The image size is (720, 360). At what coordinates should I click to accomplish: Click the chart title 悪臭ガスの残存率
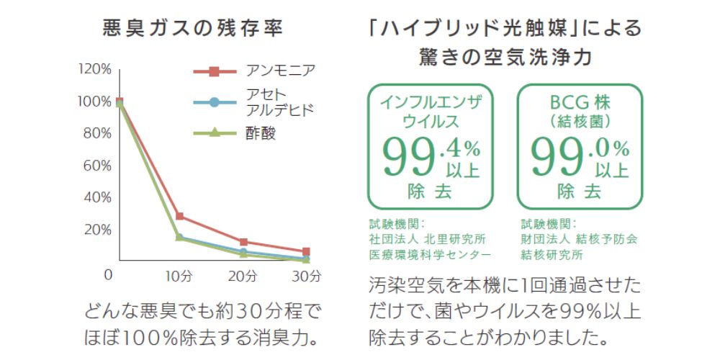click(x=192, y=29)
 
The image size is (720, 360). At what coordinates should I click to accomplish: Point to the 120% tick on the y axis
click(x=96, y=69)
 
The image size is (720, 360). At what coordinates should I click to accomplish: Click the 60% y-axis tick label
click(x=98, y=166)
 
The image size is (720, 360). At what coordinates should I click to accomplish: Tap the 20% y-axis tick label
click(x=98, y=230)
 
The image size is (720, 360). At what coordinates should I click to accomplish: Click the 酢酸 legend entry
click(x=260, y=133)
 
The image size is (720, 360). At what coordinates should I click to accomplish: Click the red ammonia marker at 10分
click(x=179, y=216)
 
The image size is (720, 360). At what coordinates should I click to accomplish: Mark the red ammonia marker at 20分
click(x=243, y=242)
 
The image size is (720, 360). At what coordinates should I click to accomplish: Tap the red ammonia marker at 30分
click(x=307, y=251)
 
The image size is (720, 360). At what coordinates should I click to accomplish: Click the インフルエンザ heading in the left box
click(x=431, y=101)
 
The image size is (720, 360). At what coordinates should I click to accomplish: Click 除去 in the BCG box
click(x=579, y=192)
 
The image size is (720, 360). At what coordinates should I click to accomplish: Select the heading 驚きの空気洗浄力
click(x=504, y=56)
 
